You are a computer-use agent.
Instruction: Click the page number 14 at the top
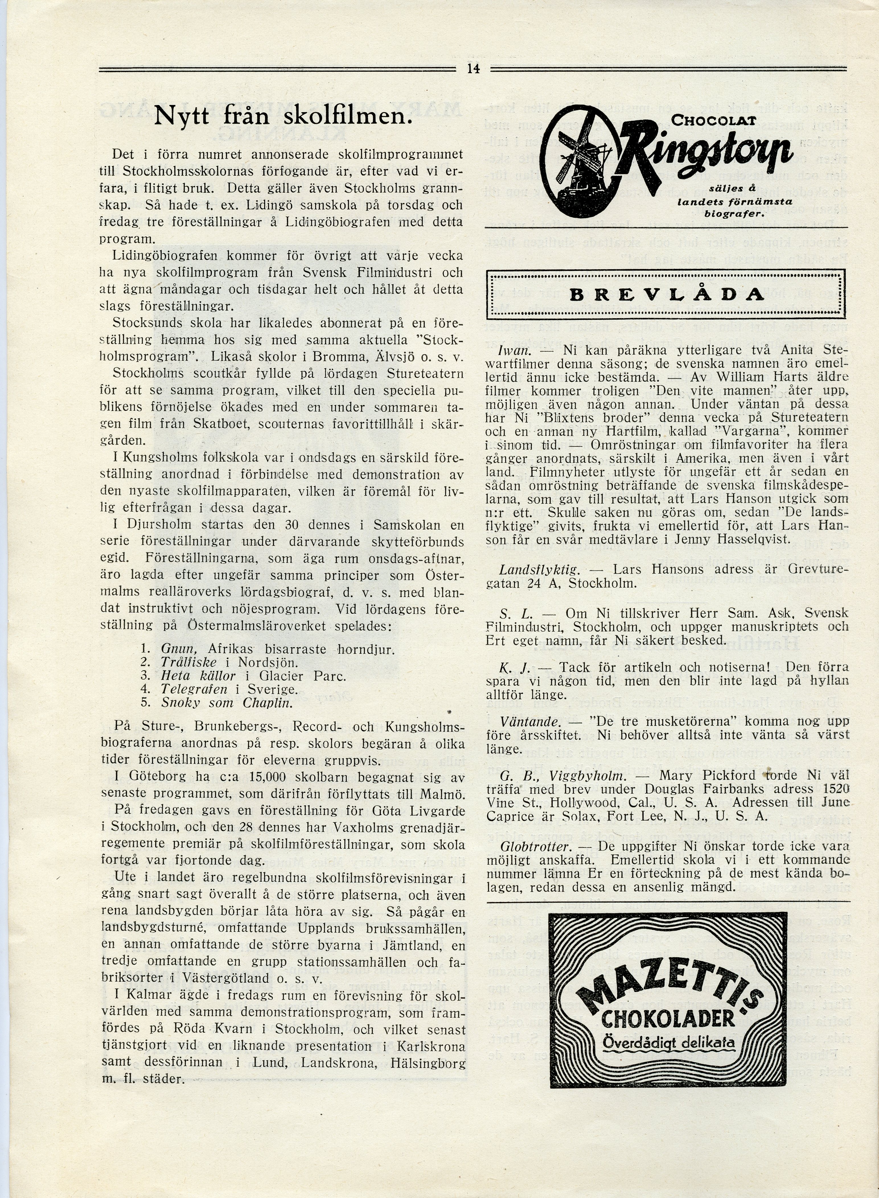[x=473, y=69]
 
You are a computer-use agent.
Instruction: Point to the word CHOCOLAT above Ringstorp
[x=713, y=121]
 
